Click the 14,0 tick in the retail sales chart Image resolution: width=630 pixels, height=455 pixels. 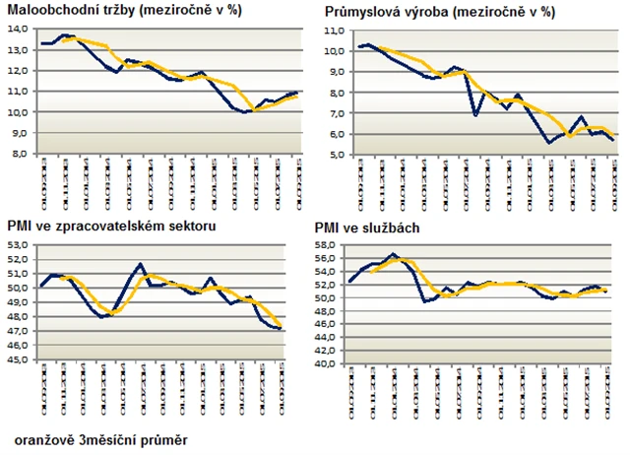(x=19, y=29)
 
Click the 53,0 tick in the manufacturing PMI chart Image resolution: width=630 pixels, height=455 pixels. (x=19, y=244)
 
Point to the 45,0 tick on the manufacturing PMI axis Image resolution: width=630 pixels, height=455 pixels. (x=19, y=359)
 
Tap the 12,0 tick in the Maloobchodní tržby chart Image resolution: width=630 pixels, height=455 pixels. (x=19, y=70)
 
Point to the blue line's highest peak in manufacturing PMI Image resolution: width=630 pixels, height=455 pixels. (x=142, y=264)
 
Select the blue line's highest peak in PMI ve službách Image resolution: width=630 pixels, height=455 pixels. (x=393, y=254)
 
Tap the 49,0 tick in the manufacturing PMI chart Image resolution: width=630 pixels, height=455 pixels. (x=19, y=302)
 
